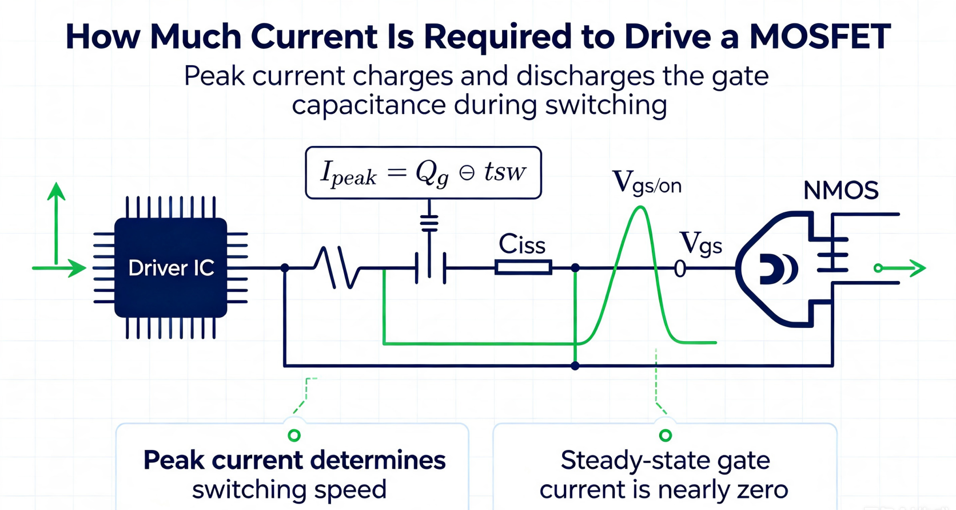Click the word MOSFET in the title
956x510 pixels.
click(x=820, y=37)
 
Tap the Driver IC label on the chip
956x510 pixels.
click(x=171, y=268)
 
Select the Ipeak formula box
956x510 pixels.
click(x=423, y=172)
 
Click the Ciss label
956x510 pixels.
click(x=522, y=245)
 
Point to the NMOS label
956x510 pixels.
click(x=841, y=191)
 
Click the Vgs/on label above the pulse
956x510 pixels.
click(x=647, y=183)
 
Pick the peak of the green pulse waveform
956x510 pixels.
click(x=640, y=208)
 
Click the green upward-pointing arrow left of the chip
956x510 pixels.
click(x=56, y=224)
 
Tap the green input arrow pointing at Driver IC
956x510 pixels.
click(x=59, y=268)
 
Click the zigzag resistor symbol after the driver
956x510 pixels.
click(x=337, y=268)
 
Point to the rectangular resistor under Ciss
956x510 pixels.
click(x=523, y=268)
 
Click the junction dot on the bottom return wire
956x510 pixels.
click(x=575, y=366)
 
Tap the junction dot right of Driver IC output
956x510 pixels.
click(x=285, y=268)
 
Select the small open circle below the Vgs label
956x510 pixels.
click(x=680, y=268)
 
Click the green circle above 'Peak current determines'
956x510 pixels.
click(x=294, y=435)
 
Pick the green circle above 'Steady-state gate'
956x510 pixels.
click(x=666, y=435)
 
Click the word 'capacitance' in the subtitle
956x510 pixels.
click(x=369, y=105)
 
